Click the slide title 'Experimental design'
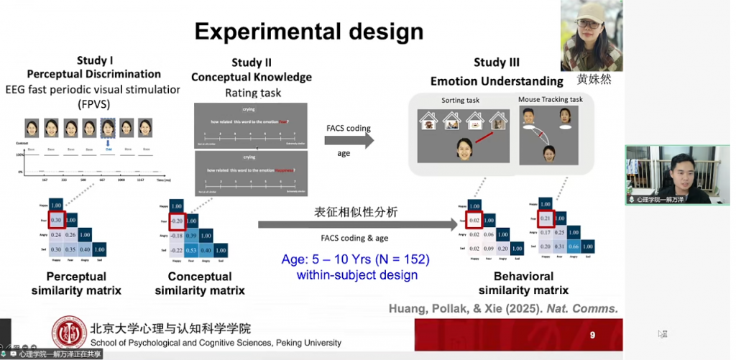click(309, 32)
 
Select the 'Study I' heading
click(94, 61)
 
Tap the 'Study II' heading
click(252, 63)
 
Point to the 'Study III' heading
click(497, 63)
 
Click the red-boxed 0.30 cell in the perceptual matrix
click(55, 220)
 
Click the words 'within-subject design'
click(356, 274)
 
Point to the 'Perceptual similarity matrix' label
click(76, 283)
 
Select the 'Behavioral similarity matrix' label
click(523, 283)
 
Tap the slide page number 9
click(592, 335)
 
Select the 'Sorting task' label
click(461, 101)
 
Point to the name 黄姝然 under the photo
click(594, 80)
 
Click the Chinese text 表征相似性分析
click(356, 213)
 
